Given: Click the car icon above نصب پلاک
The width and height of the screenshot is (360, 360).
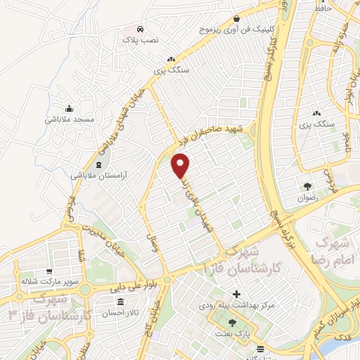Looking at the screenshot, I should pyautogui.click(x=141, y=30).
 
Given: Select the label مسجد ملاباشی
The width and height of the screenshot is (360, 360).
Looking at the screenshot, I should pyautogui.click(x=70, y=120).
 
